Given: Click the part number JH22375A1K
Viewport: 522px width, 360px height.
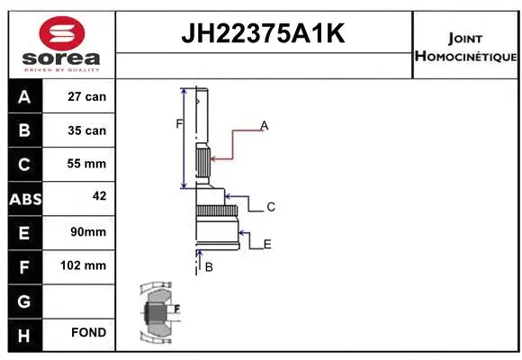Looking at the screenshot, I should [264, 35].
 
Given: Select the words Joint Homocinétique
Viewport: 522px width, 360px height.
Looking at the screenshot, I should [465, 48].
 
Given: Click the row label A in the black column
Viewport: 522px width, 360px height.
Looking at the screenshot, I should [23, 97].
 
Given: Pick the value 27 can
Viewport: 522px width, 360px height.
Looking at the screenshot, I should [87, 97].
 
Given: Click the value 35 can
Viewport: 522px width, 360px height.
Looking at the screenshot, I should [87, 130].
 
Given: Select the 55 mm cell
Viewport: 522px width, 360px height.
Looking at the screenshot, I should [87, 164].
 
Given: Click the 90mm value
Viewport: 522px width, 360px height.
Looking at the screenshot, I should [87, 232].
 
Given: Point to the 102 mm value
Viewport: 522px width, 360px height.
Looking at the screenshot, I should [87, 265].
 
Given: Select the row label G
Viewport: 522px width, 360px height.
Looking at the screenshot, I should [23, 300].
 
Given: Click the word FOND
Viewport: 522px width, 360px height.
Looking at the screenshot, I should [87, 333].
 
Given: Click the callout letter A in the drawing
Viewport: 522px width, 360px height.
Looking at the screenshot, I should [265, 126].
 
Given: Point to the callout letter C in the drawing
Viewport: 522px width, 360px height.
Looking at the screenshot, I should [271, 207].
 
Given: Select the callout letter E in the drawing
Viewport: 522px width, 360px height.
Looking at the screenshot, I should [267, 244].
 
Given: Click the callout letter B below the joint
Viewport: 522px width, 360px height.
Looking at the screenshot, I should [208, 267].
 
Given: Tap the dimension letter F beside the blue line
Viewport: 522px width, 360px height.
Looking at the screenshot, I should [178, 123].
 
